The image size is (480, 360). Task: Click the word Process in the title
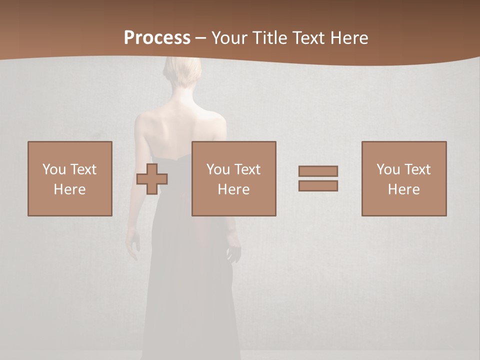click(x=157, y=38)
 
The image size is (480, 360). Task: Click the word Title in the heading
click(x=269, y=38)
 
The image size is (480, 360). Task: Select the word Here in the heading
click(x=349, y=38)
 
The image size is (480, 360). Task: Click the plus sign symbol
click(x=152, y=179)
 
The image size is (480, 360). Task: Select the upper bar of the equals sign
click(x=318, y=171)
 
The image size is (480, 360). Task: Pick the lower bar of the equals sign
click(x=318, y=186)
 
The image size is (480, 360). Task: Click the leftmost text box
click(x=70, y=178)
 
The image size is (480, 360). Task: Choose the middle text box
click(x=233, y=178)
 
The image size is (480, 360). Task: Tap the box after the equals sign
click(x=404, y=178)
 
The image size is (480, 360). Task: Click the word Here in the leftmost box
click(x=69, y=189)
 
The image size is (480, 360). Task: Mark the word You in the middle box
click(x=218, y=169)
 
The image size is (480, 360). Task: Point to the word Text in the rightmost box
click(x=417, y=169)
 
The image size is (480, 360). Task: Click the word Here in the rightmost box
click(x=404, y=189)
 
